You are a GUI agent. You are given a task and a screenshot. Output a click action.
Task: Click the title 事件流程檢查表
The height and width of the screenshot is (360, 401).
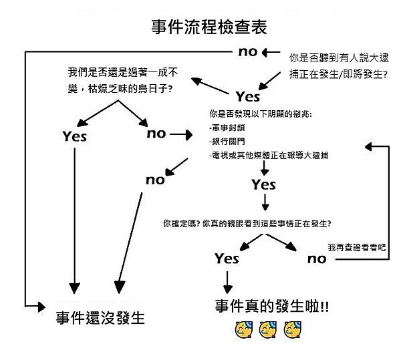point(209,28)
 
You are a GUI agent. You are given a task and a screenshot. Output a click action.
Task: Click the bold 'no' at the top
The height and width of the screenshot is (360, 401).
point(248,51)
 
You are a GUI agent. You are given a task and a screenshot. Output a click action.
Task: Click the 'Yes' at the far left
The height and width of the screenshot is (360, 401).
point(75,136)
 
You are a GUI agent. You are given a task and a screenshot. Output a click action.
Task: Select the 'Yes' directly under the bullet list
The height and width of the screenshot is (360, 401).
point(264,185)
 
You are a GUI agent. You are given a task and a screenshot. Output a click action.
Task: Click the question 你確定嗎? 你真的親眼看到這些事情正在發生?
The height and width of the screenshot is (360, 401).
point(247,222)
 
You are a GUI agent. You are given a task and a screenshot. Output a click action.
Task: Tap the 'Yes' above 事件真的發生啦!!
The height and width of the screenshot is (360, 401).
point(227,258)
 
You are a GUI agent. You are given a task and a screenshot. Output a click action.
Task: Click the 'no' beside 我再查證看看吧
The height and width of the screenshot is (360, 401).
point(317,258)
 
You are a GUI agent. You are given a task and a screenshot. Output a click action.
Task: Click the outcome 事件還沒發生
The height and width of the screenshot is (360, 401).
point(100,317)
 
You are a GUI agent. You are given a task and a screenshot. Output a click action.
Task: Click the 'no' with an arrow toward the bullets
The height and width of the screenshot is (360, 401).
point(156,134)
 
